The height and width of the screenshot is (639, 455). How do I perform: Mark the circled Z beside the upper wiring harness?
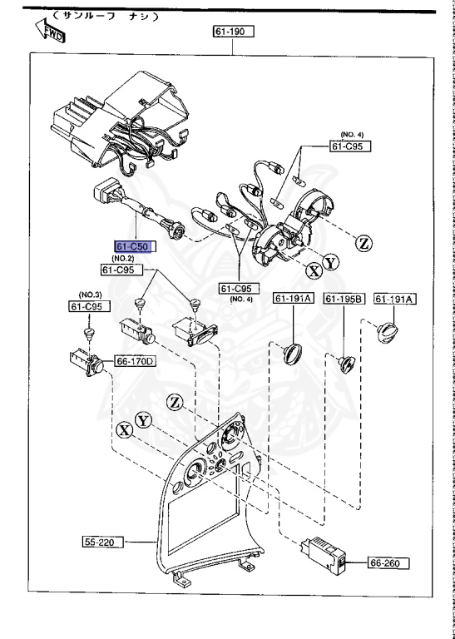(x=364, y=244)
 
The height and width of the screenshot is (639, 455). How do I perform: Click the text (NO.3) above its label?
(x=89, y=295)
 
